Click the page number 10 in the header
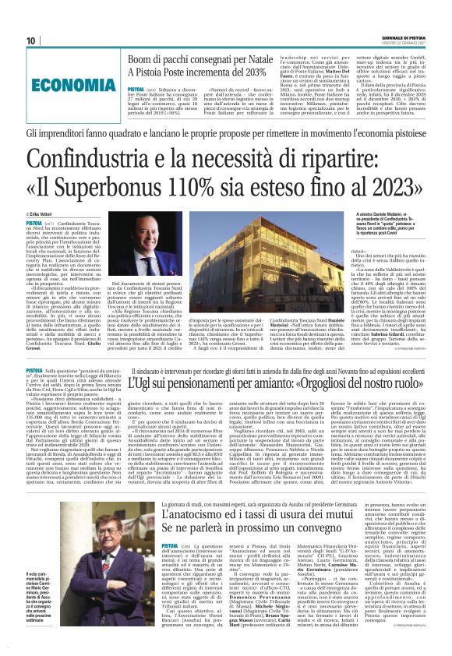tap(31, 41)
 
